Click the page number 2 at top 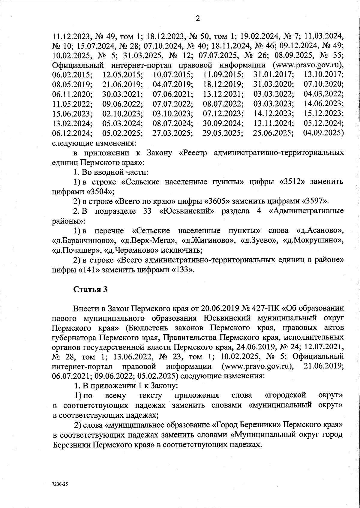click(197, 19)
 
